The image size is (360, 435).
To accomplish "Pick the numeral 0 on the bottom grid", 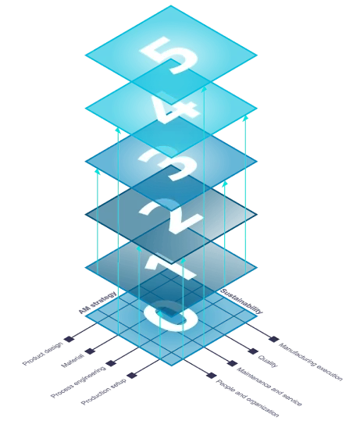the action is [x=171, y=316].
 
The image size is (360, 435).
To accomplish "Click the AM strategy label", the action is [x=98, y=302].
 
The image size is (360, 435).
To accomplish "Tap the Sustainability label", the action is [x=241, y=301].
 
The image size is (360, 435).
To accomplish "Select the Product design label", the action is [x=42, y=354].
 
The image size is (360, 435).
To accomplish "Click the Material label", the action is [x=72, y=361].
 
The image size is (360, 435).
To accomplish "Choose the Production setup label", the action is [x=103, y=391].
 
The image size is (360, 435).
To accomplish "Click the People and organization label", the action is [x=247, y=398].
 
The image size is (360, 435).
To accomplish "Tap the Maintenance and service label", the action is [x=269, y=387].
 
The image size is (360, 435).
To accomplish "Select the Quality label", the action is [x=268, y=362].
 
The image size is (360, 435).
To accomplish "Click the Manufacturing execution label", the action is [x=311, y=362].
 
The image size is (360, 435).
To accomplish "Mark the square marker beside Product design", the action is [x=69, y=339].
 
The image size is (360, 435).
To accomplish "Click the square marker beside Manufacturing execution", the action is [x=274, y=339].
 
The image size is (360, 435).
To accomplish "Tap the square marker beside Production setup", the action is [x=132, y=376].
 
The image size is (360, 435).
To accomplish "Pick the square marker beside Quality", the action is [x=253, y=351].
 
